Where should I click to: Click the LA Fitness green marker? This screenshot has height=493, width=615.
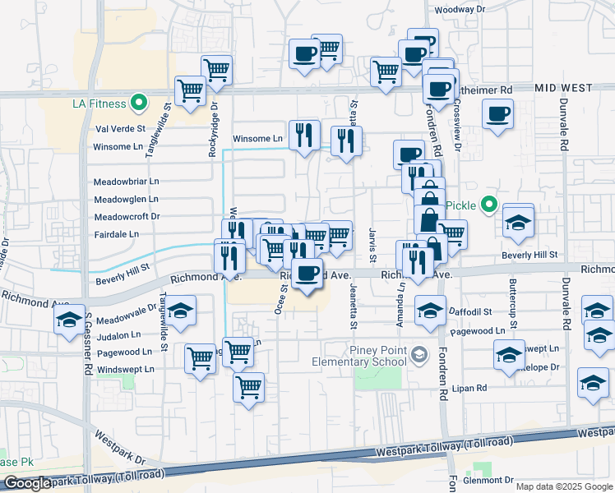pos(139,103)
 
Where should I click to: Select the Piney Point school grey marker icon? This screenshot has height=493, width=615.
pos(420,354)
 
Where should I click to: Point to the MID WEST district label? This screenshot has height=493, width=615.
pos(563,87)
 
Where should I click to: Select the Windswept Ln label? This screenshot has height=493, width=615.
pos(125,370)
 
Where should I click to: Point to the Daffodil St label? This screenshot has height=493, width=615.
pos(471,312)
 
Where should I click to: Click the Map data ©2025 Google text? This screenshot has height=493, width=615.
pos(564,486)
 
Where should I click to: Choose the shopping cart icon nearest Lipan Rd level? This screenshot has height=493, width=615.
pos(248,386)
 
